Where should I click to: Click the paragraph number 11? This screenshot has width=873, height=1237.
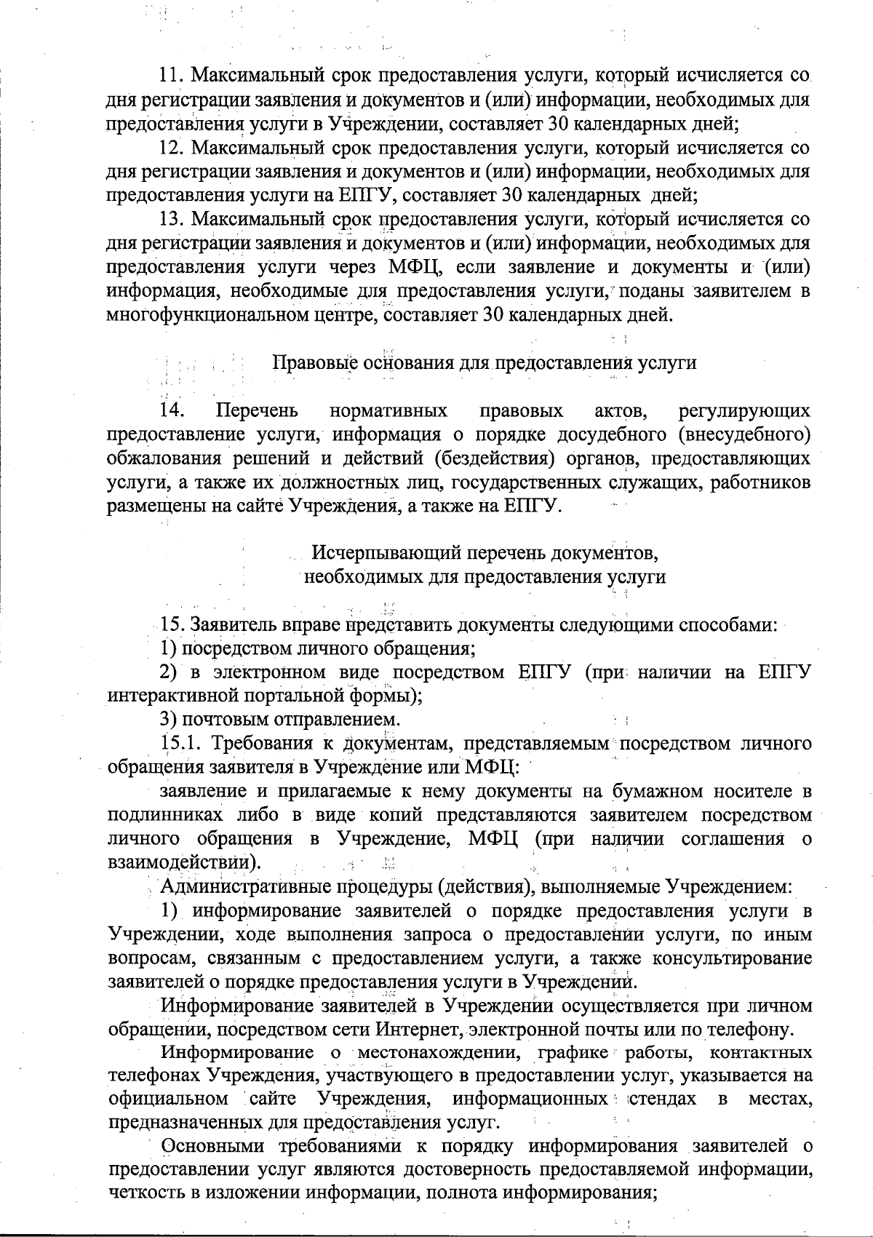pyautogui.click(x=171, y=76)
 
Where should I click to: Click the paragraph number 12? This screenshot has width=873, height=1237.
pyautogui.click(x=171, y=148)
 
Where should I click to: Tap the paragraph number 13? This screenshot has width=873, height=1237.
pyautogui.click(x=171, y=220)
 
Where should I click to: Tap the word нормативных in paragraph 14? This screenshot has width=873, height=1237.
pyautogui.click(x=388, y=412)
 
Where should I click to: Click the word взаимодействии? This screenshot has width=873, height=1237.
pyautogui.click(x=182, y=863)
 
